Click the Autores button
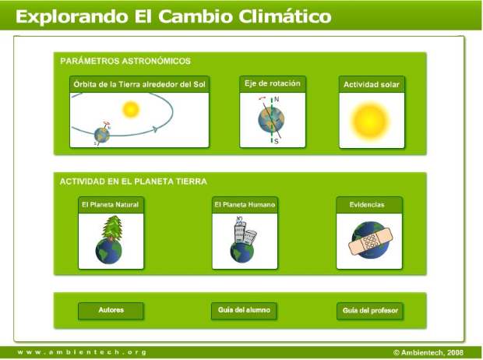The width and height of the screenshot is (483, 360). pyautogui.click(x=111, y=311)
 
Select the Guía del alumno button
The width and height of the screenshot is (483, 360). pyautogui.click(x=244, y=311)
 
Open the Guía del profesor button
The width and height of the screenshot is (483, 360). pyautogui.click(x=370, y=311)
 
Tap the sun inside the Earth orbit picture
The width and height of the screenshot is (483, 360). pyautogui.click(x=131, y=109)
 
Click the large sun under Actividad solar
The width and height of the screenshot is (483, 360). pyautogui.click(x=370, y=121)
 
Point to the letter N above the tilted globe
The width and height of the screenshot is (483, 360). pyautogui.click(x=277, y=99)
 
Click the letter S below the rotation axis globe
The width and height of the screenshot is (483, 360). pyautogui.click(x=276, y=141)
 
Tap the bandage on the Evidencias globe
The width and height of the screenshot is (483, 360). pyautogui.click(x=371, y=241)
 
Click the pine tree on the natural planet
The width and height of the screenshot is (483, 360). pyautogui.click(x=112, y=228)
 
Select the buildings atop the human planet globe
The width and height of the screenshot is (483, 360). pyautogui.click(x=245, y=231)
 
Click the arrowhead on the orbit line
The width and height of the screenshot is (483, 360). pyautogui.click(x=155, y=129)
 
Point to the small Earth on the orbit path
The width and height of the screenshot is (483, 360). pyautogui.click(x=102, y=135)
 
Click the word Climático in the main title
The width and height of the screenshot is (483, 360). pyautogui.click(x=285, y=16)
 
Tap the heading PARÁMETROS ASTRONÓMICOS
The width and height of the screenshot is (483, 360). pyautogui.click(x=125, y=61)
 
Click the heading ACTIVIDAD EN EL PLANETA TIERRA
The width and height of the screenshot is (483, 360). pyautogui.click(x=133, y=182)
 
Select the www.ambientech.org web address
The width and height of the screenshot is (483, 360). pyautogui.click(x=82, y=352)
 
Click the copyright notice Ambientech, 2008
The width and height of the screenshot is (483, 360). pyautogui.click(x=428, y=352)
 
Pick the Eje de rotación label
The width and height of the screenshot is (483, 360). pyautogui.click(x=273, y=83)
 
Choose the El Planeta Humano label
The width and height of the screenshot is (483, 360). pyautogui.click(x=245, y=205)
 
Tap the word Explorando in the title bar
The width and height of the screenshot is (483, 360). pyautogui.click(x=72, y=16)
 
